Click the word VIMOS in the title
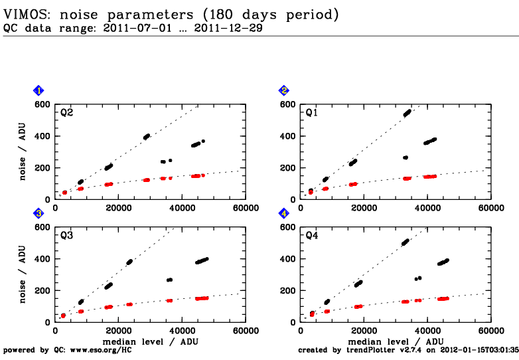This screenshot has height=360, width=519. coord(23,13)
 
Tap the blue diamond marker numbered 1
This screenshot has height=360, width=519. coord(39,90)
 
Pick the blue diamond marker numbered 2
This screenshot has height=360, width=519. coord(284,90)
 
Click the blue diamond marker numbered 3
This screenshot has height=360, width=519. coord(39,213)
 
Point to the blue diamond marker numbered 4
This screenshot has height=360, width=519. coord(284,213)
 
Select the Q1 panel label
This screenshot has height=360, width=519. coord(311,113)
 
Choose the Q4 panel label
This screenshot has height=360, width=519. coord(311,236)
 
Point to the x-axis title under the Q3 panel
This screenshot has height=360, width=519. coord(151,341)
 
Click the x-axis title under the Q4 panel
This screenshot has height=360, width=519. coord(396,341)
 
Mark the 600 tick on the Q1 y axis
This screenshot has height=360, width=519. coord(289,104)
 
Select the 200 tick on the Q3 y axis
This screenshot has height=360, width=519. coord(44,290)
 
